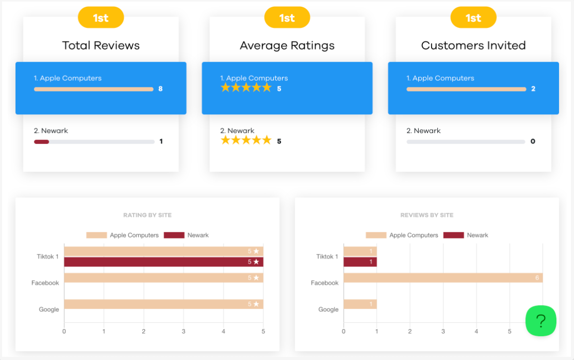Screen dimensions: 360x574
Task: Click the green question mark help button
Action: pos(541,321)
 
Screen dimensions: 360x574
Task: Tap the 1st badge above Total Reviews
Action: pos(100,18)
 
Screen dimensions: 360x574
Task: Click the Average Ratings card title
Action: pos(287,46)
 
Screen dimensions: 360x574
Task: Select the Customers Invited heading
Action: pos(473,46)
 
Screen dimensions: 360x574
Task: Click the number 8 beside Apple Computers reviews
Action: pos(160,89)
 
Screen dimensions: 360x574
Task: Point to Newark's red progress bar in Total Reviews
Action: pos(41,141)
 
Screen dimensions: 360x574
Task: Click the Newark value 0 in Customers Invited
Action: pos(533,141)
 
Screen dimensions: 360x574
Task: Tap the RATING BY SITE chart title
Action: pos(148,215)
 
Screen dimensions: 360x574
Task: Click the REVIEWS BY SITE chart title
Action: pos(427,215)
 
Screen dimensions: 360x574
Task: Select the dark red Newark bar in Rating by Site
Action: pos(164,262)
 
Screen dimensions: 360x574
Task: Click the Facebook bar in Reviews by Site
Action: pos(443,278)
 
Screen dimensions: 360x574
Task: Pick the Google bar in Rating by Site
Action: pos(164,304)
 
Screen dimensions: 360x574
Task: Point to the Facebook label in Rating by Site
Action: pos(45,283)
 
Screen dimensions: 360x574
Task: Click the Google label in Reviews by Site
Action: pos(328,309)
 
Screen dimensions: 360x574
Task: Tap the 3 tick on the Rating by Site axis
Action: pos(183,331)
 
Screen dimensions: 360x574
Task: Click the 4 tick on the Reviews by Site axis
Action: pos(476,331)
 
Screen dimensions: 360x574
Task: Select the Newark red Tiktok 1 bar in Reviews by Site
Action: pos(360,262)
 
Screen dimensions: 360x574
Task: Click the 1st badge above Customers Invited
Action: pos(473,18)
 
